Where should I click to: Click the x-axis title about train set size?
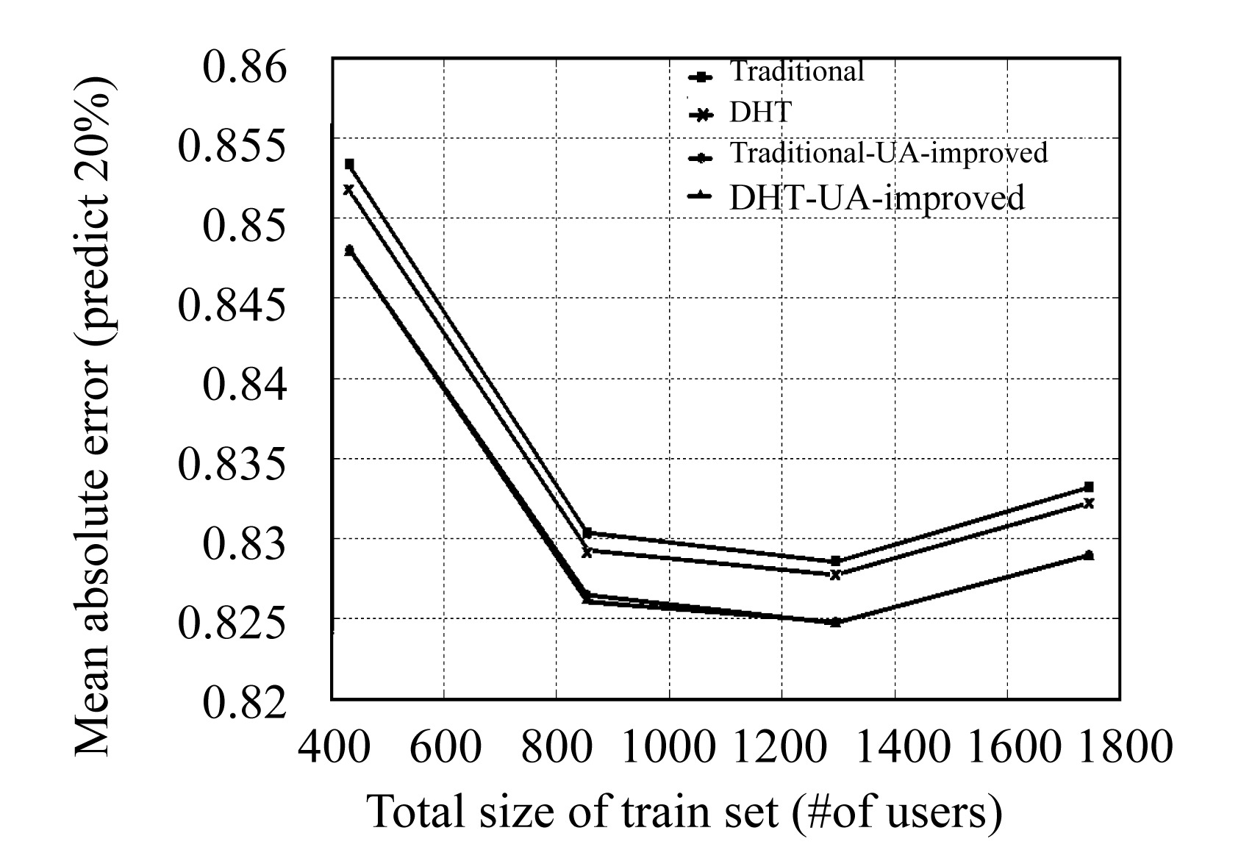[684, 811]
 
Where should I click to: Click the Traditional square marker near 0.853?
[349, 164]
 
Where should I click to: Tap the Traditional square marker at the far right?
[1089, 487]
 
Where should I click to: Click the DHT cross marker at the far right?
[1089, 503]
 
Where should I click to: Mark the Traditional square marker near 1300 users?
[835, 561]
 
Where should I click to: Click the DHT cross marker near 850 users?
[587, 551]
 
